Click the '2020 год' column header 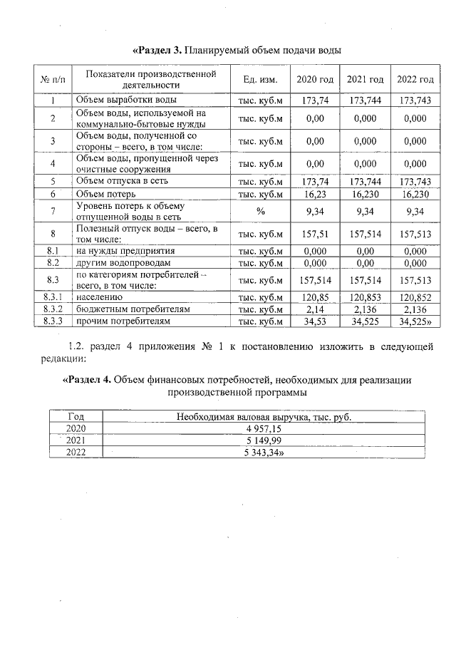pos(314,79)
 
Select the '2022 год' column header pos(415,79)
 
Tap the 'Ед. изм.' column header pos(260,79)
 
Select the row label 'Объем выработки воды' pos(126,100)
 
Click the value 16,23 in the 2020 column pos(314,194)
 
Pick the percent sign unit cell pos(260,211)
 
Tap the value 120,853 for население pos(365,297)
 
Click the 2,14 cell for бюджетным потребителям pos(314,309)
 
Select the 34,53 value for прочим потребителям pos(314,322)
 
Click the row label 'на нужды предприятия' pos(125,251)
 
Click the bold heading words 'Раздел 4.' pos(88,380)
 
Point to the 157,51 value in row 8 pos(314,233)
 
